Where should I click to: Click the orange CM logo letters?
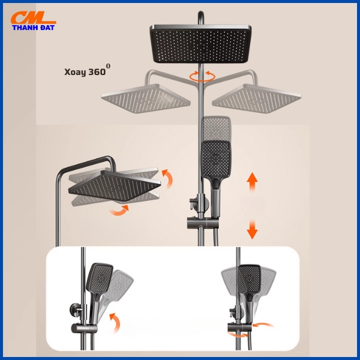tap(33, 17)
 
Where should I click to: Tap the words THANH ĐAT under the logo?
tap(33, 28)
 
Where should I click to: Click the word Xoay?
tap(75, 72)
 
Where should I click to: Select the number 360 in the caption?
tap(97, 72)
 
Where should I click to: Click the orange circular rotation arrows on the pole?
tap(202, 76)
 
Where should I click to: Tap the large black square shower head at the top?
tap(200, 44)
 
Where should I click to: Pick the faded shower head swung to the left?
tap(146, 98)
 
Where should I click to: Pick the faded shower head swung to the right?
tap(257, 98)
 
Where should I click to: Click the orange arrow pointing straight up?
tap(252, 182)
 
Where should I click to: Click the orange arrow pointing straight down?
tap(252, 229)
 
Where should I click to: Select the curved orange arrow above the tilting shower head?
tap(168, 178)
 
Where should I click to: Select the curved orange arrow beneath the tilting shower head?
tap(118, 211)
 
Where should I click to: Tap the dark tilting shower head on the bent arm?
tap(115, 185)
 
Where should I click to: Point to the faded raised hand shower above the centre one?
tap(217, 128)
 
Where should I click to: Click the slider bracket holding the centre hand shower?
tap(203, 223)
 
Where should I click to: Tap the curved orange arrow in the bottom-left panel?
tap(115, 323)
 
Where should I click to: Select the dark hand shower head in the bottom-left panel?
tap(100, 278)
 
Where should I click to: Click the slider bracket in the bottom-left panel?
tap(84, 328)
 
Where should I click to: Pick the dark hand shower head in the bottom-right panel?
tap(250, 279)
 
